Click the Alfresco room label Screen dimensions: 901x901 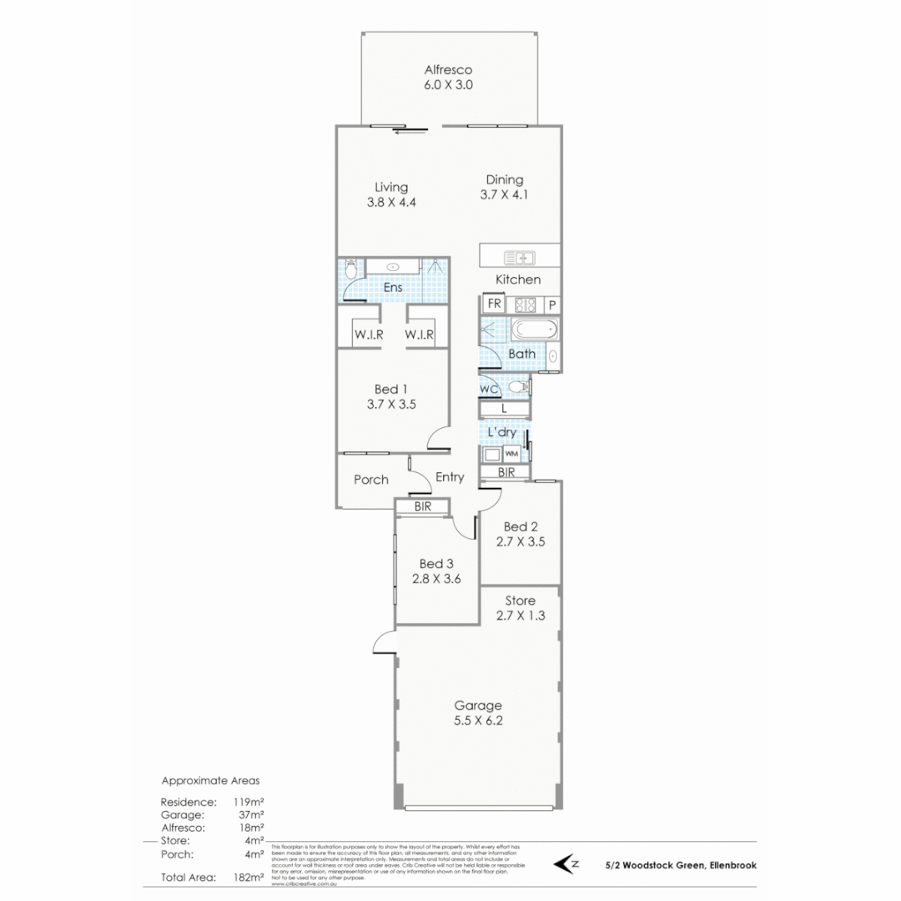(x=449, y=70)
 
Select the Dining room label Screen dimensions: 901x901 (x=505, y=179)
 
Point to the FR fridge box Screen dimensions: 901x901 (x=494, y=304)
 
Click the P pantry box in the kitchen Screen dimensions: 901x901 (x=551, y=305)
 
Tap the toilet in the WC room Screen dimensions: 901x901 (x=518, y=387)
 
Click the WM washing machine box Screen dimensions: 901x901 (x=512, y=453)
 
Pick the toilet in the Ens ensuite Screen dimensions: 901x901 (x=350, y=269)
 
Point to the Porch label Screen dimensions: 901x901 (x=371, y=480)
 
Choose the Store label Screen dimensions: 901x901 (x=521, y=601)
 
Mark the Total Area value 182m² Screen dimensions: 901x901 (x=249, y=877)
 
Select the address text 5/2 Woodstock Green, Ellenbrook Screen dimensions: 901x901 (x=682, y=866)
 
